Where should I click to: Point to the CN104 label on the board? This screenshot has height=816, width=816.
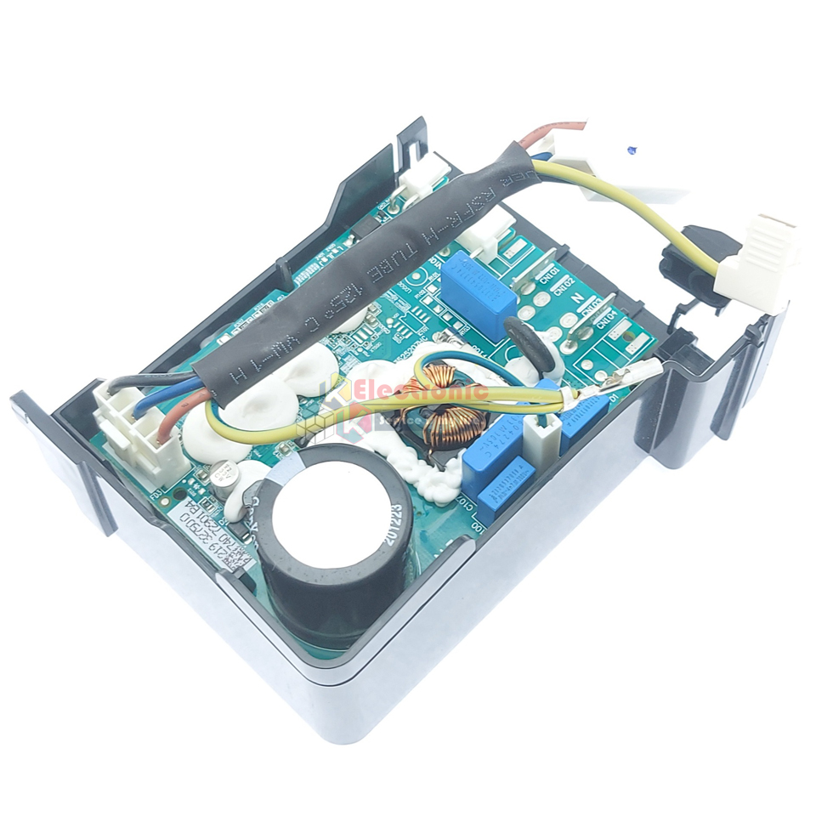[605, 316]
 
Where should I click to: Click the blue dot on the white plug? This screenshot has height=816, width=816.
[630, 150]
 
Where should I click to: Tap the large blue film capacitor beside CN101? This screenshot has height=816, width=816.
[478, 284]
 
